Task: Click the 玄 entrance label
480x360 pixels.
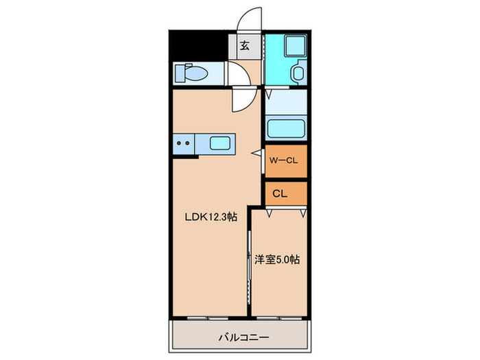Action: click(x=245, y=47)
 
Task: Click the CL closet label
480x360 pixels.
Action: click(x=280, y=193)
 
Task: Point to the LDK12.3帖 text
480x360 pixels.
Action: click(x=210, y=216)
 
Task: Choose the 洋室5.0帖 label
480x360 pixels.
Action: click(x=278, y=260)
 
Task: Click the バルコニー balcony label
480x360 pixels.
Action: click(x=243, y=337)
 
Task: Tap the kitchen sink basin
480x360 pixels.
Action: click(x=221, y=143)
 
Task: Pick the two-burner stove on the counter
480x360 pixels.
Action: click(x=184, y=144)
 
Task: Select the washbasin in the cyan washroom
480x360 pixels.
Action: click(x=299, y=73)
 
